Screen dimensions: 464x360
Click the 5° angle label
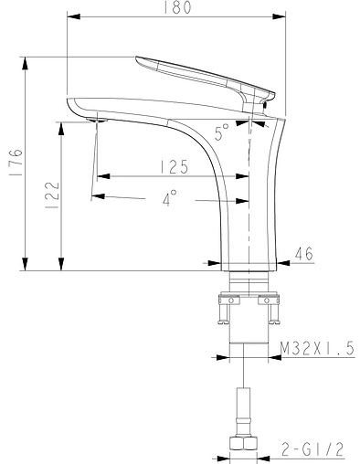222,133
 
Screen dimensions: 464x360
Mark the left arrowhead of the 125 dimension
101,175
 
